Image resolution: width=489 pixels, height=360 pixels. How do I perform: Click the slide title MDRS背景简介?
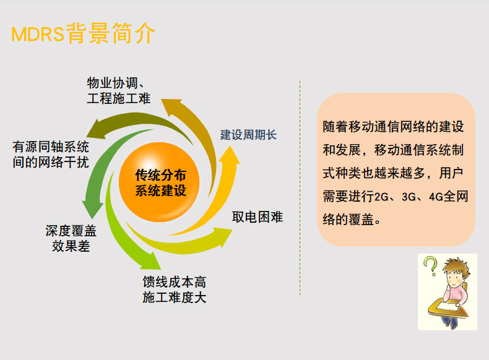click(x=83, y=33)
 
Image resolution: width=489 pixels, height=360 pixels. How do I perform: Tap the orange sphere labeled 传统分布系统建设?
click(x=159, y=182)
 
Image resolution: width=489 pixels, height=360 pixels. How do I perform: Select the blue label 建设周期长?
click(x=248, y=135)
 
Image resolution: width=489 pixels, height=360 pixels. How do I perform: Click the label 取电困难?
click(x=257, y=217)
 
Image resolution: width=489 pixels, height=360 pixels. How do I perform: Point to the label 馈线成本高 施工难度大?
click(x=175, y=289)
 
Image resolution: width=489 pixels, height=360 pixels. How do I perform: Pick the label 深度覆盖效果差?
click(x=71, y=238)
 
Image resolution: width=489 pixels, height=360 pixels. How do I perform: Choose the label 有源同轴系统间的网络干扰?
click(x=51, y=154)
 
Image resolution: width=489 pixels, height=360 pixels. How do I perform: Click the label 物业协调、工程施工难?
click(x=118, y=90)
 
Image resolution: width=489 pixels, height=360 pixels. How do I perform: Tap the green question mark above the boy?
click(x=431, y=265)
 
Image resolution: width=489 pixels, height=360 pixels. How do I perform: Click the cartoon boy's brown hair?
click(x=456, y=265)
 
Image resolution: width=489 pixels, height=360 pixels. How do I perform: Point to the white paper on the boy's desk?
click(x=446, y=306)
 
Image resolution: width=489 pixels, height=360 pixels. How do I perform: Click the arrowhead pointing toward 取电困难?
click(x=223, y=236)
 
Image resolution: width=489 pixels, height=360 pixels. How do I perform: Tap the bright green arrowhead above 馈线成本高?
click(x=151, y=262)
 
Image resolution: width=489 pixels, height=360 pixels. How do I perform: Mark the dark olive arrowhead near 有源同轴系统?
click(x=95, y=129)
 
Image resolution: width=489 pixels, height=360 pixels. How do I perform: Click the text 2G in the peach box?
click(x=381, y=197)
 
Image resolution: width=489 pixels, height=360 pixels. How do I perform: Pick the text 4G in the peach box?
click(x=436, y=197)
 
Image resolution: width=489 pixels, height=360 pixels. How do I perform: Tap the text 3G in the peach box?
click(x=409, y=197)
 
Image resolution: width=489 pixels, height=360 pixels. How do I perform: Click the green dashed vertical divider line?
click(x=300, y=188)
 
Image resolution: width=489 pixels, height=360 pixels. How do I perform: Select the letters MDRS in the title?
click(x=38, y=34)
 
